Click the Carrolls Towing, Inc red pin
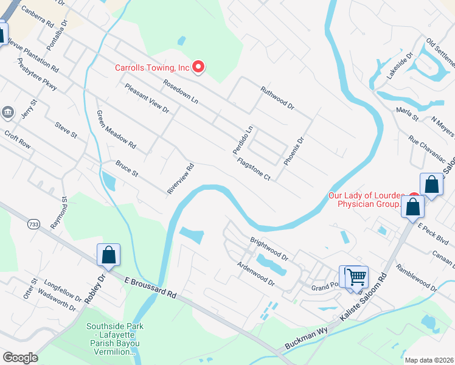point(198,67)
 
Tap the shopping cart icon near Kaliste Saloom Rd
point(356,276)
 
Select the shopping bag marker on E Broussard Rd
point(108,255)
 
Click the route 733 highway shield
point(32,224)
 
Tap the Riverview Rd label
point(180,178)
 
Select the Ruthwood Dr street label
point(277,98)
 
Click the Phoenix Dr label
point(293,151)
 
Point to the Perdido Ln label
point(241,139)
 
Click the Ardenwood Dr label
point(255,274)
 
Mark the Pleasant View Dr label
point(147,97)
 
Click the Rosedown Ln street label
point(181,91)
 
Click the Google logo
point(20,358)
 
